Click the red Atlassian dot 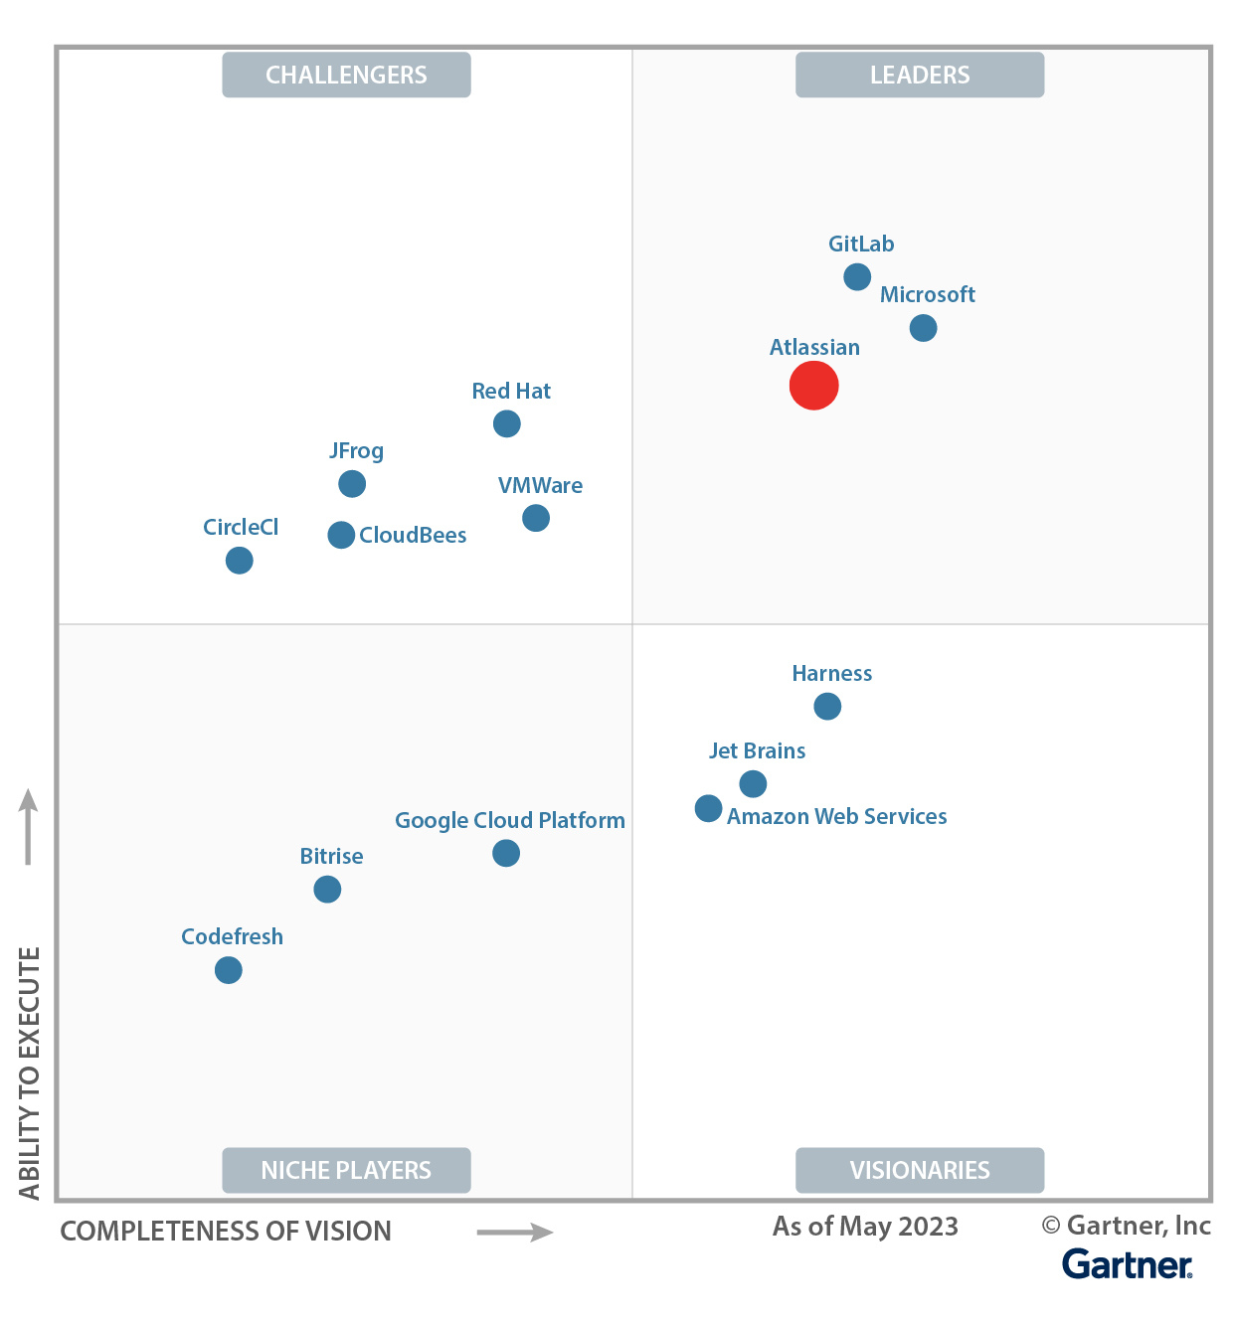(x=813, y=386)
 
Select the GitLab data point (x=857, y=276)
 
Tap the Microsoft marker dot (x=923, y=327)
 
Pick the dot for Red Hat (x=507, y=423)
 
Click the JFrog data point (x=352, y=483)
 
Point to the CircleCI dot (x=239, y=561)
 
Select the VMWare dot (x=536, y=518)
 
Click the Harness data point (x=827, y=706)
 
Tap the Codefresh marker (x=229, y=969)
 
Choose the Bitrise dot (x=327, y=889)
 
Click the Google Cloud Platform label (x=510, y=821)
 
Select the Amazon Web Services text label (x=836, y=817)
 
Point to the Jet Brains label (x=757, y=751)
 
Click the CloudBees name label (x=413, y=536)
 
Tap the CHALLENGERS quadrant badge (x=346, y=76)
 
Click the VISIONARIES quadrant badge (x=920, y=1170)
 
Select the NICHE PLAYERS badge (x=346, y=1170)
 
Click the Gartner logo (x=1127, y=1264)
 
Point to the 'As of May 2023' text (x=865, y=1227)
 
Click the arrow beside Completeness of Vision (x=514, y=1233)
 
